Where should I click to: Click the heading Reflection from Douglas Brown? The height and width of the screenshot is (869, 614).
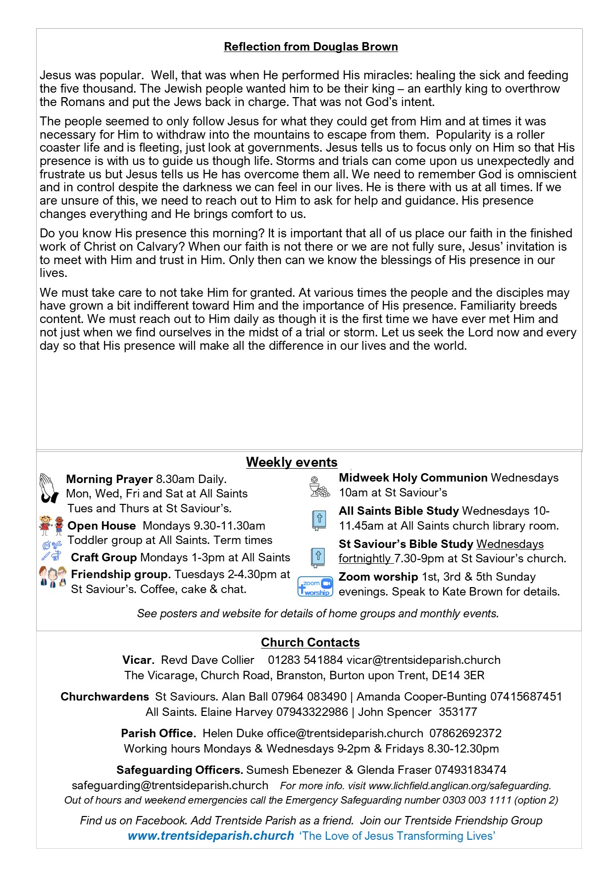coord(310,47)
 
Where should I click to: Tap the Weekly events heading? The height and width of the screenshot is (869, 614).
coord(292,462)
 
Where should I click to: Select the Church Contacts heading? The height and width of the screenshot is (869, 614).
coord(310,642)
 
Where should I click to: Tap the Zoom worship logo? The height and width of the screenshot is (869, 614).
coord(315,586)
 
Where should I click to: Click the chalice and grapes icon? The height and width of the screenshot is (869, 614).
coord(319,487)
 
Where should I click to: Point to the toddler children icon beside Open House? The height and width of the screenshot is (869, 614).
coord(51,526)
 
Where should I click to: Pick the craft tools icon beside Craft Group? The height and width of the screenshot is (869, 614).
coord(51,551)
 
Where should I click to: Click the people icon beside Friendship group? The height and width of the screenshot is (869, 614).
coord(52,577)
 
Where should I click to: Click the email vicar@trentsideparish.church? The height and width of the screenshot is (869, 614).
coord(423,660)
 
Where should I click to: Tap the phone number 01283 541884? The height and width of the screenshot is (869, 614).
coord(305,660)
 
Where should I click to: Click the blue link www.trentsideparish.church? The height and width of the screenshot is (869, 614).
coord(211,836)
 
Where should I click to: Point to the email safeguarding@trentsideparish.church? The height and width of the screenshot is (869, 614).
coord(170,785)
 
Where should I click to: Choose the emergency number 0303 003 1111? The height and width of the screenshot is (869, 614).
coord(477,800)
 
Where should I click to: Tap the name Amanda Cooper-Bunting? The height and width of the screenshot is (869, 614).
coord(421,697)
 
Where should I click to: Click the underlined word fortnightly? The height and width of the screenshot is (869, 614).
coord(365,558)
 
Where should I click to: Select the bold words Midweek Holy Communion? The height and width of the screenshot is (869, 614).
coord(413,478)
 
